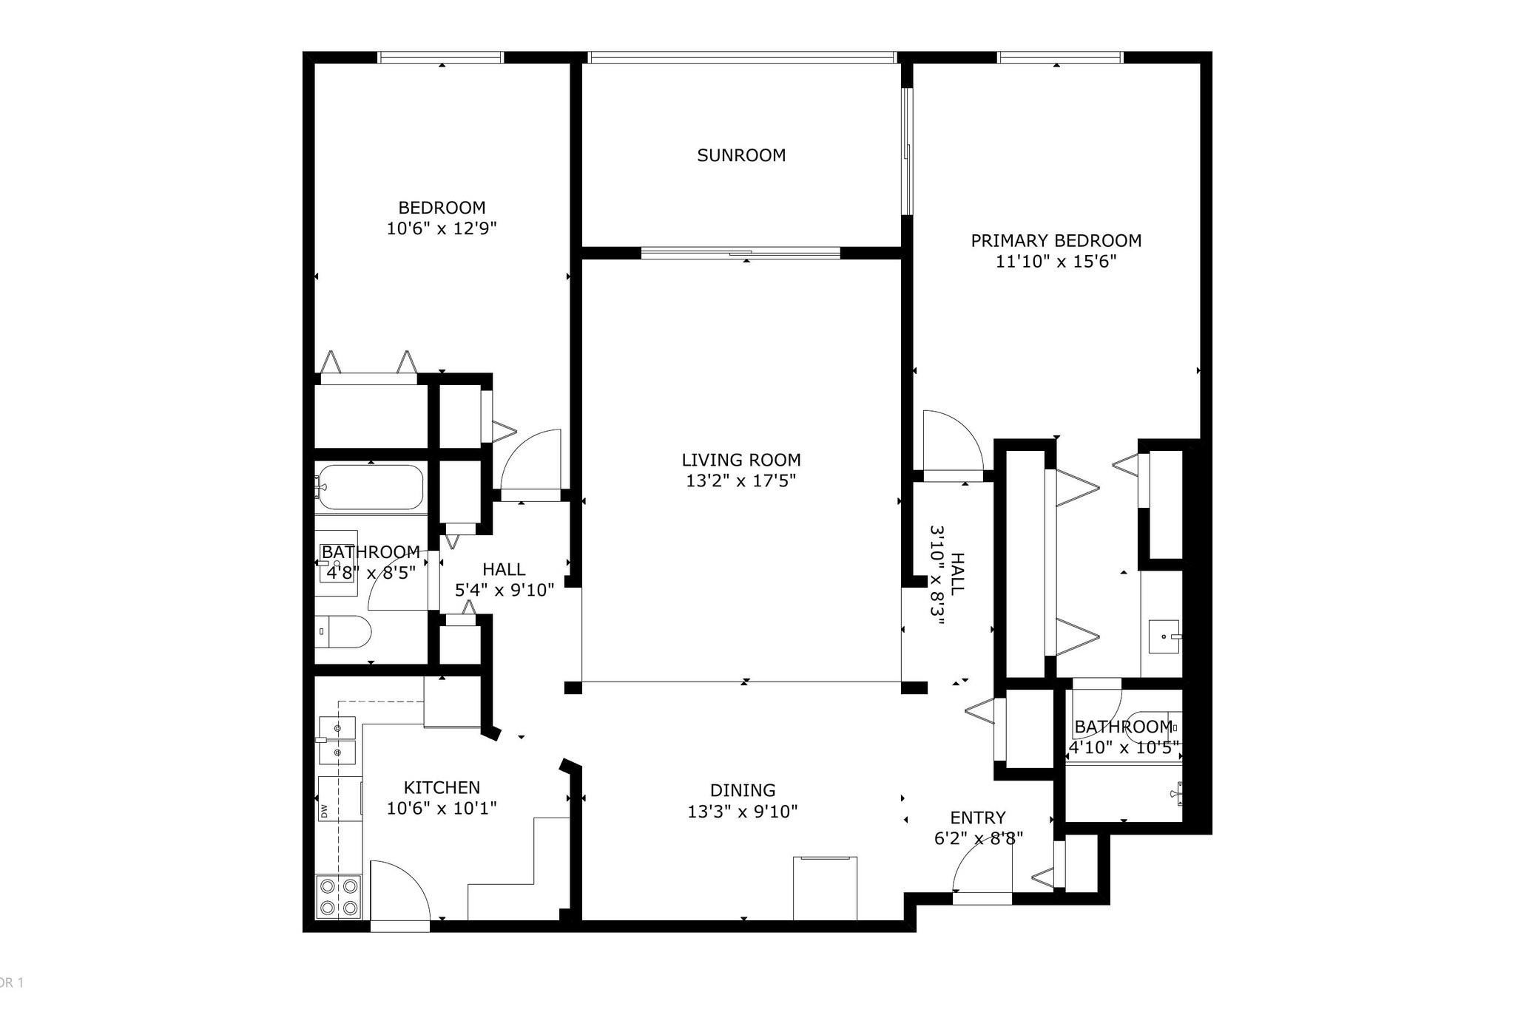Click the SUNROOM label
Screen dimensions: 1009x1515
(x=741, y=155)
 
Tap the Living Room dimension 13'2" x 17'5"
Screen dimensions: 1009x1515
(x=741, y=481)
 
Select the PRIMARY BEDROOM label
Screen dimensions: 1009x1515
(x=1056, y=240)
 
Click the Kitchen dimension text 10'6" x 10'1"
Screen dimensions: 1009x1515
(x=442, y=809)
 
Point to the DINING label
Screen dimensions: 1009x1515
(x=743, y=790)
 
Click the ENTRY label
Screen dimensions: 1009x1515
(x=978, y=818)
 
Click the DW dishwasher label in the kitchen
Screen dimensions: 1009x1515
(x=324, y=811)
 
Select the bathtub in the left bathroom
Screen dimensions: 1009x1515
(x=370, y=487)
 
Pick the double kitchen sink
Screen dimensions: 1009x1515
(x=337, y=741)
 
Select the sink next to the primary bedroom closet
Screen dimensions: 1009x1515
(x=1166, y=636)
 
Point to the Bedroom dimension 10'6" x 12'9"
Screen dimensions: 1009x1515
(x=442, y=228)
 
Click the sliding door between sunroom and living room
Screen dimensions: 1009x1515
(x=740, y=254)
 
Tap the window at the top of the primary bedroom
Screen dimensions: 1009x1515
(x=1060, y=57)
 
